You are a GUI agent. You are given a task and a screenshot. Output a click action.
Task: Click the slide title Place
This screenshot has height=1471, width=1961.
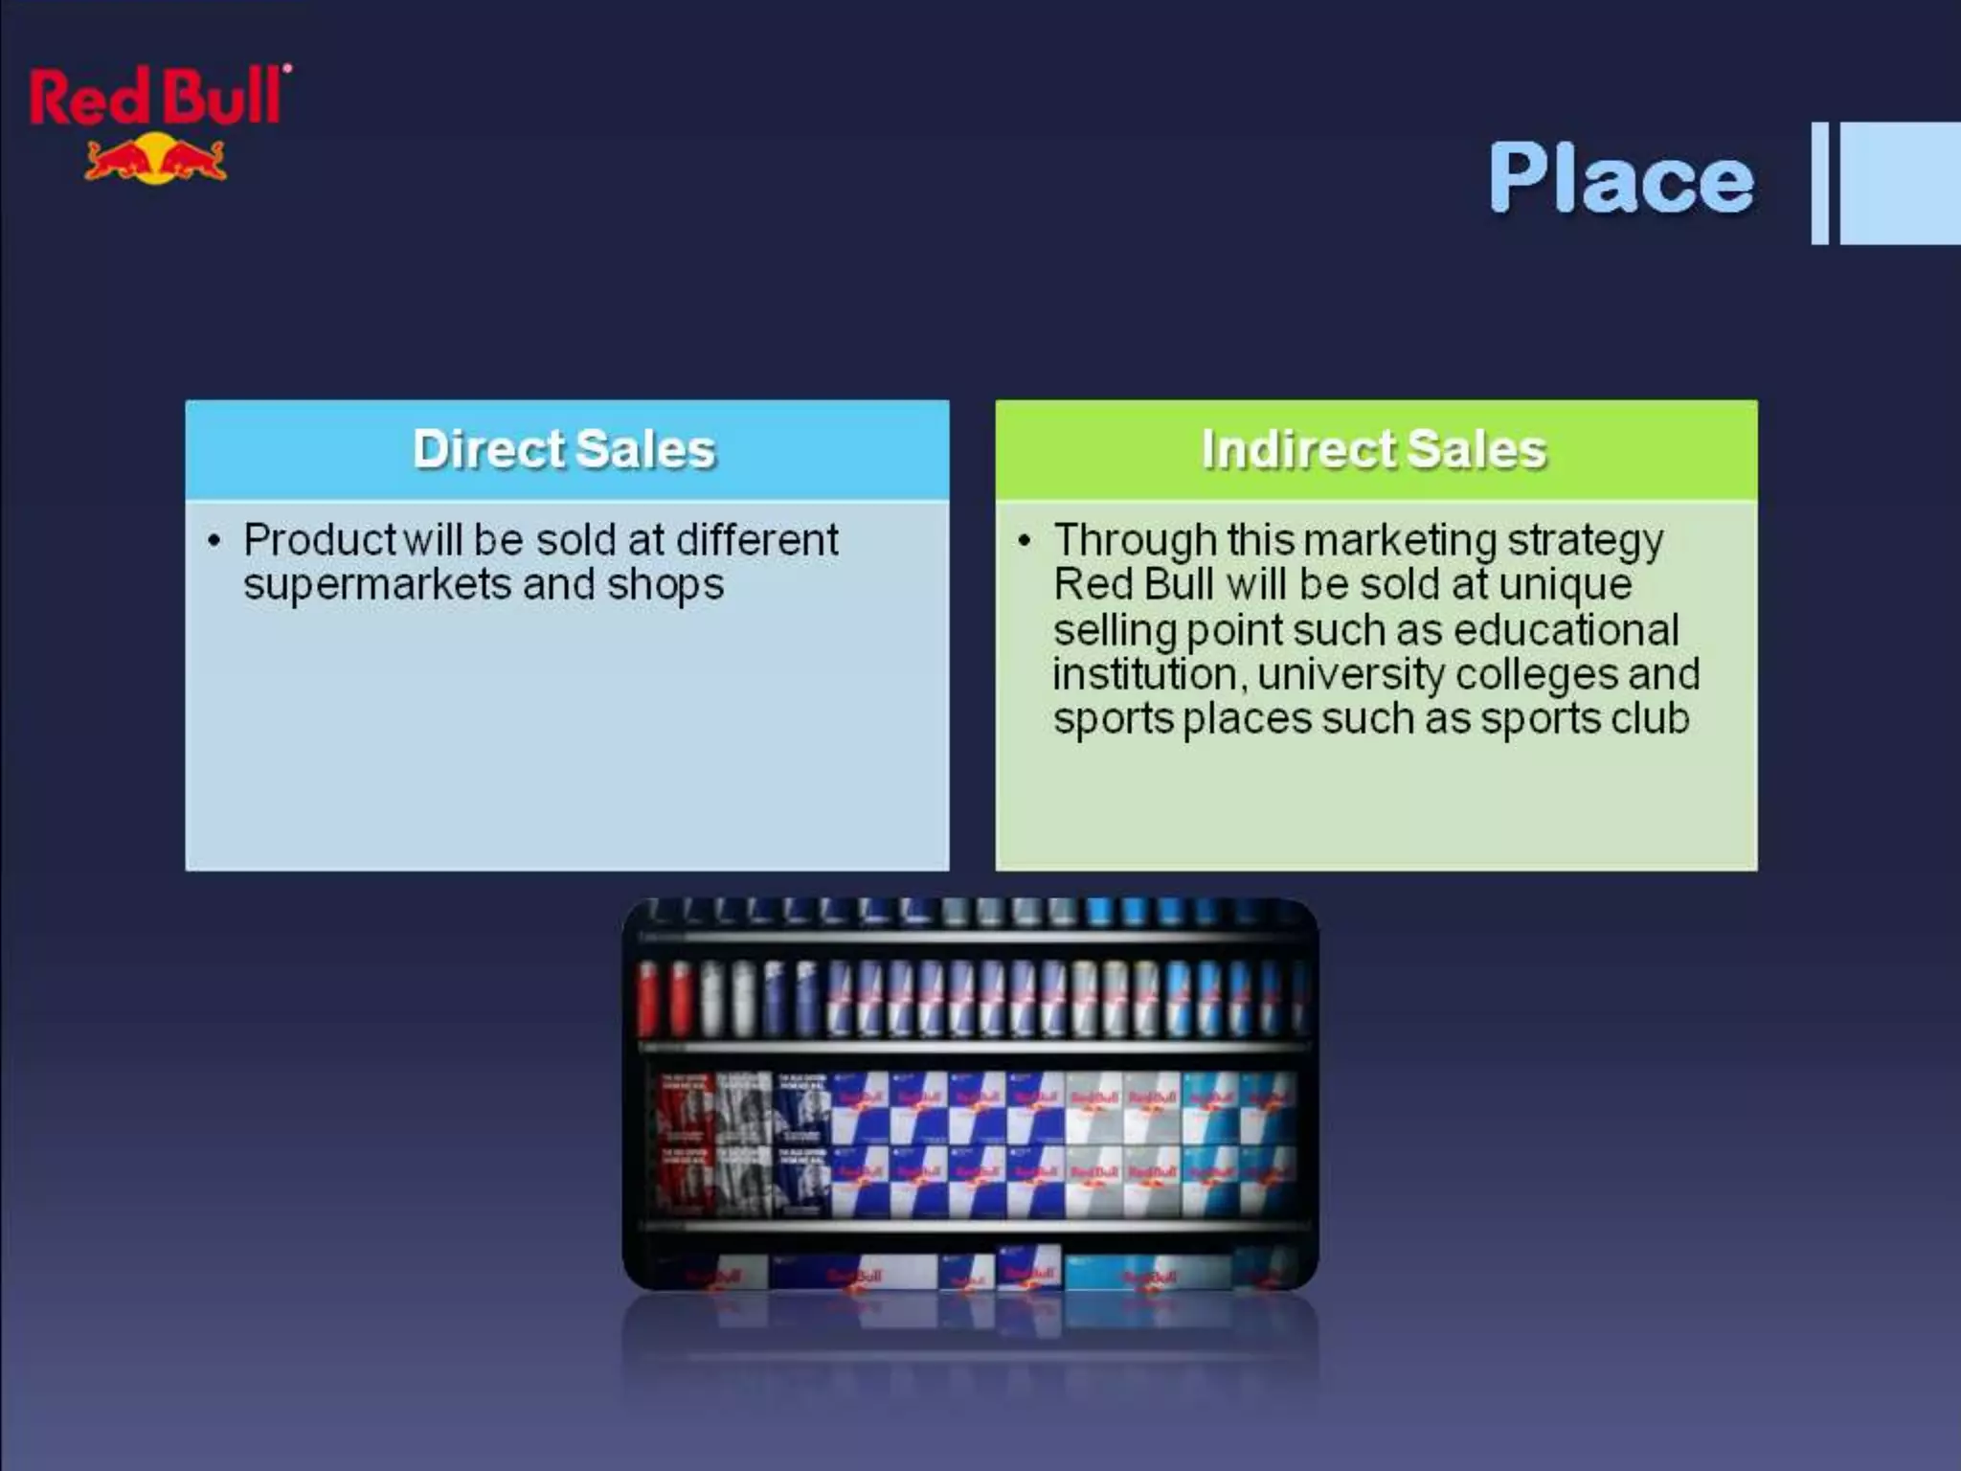(1620, 178)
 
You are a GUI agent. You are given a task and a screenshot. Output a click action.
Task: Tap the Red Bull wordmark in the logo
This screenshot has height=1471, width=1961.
(158, 98)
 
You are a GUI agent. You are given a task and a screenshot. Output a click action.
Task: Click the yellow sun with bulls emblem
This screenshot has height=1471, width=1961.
(155, 159)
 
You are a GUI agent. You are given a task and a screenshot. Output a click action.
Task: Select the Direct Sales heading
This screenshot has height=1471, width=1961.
(564, 449)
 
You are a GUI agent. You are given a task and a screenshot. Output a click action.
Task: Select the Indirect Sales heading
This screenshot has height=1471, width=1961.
(1374, 449)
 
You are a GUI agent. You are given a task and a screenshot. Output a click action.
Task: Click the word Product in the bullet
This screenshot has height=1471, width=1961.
(319, 540)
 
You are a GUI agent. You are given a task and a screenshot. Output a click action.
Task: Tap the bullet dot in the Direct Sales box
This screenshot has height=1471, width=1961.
(214, 541)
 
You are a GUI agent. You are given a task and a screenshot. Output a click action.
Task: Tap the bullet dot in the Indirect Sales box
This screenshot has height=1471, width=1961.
(1024, 541)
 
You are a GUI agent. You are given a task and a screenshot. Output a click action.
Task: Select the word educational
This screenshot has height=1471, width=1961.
(1566, 630)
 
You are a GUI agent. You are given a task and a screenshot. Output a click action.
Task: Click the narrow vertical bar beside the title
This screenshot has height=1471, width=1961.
(1819, 182)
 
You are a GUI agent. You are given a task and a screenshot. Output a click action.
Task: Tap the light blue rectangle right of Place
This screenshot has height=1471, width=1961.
(1900, 182)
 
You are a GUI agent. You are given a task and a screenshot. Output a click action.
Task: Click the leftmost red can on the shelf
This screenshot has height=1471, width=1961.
(648, 998)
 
